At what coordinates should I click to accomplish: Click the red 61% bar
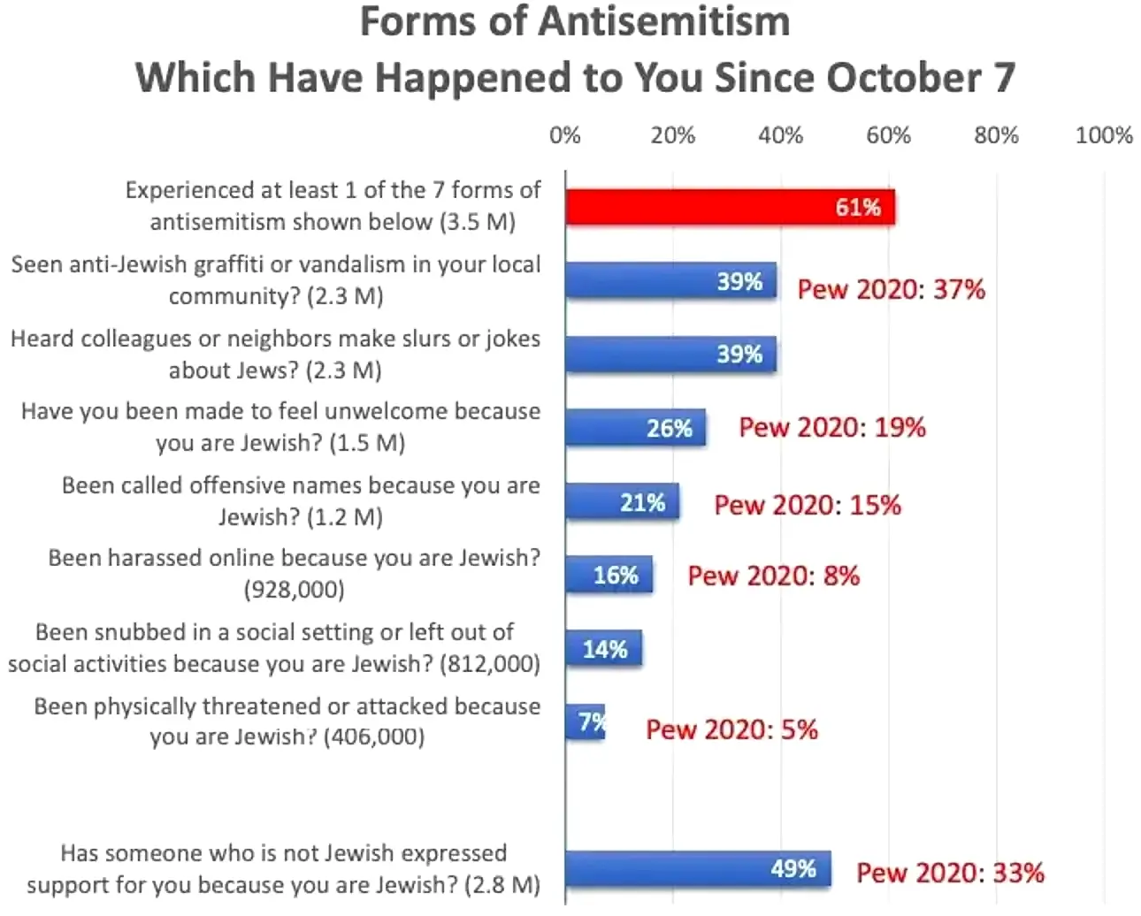pos(730,208)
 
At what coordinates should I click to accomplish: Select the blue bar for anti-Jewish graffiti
pos(670,281)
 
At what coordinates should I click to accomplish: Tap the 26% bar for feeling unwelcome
pos(635,428)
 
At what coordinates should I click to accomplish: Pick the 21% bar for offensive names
pos(622,502)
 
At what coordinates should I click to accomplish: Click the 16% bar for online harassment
pos(609,576)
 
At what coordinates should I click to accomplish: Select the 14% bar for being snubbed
pos(603,649)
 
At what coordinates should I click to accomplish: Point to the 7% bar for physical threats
pos(585,722)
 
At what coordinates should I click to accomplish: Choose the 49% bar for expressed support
pos(697,869)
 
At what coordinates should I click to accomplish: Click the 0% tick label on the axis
pos(565,135)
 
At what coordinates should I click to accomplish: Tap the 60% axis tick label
pos(888,135)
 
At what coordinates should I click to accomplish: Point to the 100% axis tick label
pos(1103,135)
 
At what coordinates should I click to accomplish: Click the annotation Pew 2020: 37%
pos(891,289)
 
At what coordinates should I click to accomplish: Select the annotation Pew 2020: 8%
pos(773,576)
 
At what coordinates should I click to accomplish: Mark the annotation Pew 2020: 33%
pos(950,873)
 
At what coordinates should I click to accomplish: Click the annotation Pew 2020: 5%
pos(731,729)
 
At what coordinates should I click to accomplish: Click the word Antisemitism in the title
pos(663,22)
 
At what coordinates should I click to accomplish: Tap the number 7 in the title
pos(1003,78)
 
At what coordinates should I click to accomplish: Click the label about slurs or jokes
pos(275,354)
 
